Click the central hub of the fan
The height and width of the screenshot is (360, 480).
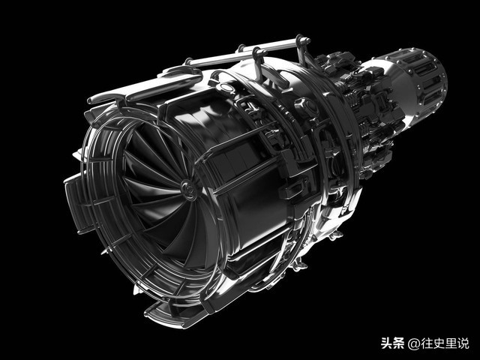point(189,190)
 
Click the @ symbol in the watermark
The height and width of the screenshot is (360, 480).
point(413,343)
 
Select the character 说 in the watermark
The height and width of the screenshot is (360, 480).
point(463,343)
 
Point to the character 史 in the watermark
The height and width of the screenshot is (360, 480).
point(439,343)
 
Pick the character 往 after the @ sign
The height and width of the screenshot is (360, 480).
point(427,343)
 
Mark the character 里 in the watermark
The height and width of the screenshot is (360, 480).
point(451,343)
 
